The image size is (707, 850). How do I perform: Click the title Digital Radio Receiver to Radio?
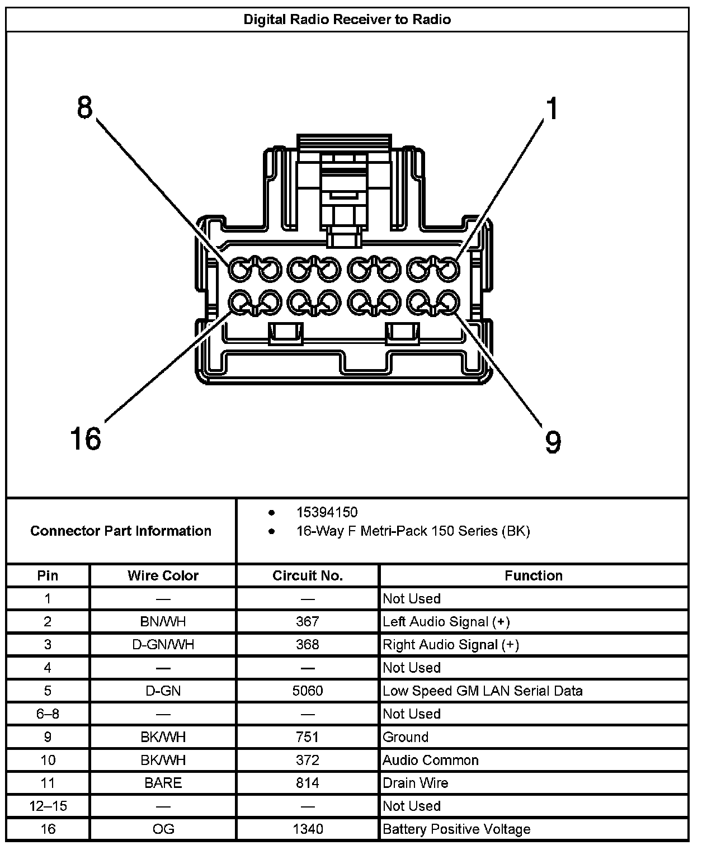(x=347, y=20)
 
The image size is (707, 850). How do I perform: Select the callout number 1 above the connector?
(x=552, y=108)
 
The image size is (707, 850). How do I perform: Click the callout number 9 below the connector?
(x=553, y=442)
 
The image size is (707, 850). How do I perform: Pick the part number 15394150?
(x=327, y=512)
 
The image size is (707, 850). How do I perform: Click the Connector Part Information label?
(x=121, y=531)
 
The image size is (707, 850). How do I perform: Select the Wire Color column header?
(x=163, y=575)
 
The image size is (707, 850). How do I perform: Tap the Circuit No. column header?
(x=308, y=575)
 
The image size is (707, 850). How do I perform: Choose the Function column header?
(x=533, y=575)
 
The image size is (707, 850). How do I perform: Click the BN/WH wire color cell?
(x=163, y=621)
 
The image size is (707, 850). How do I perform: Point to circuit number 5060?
(x=308, y=691)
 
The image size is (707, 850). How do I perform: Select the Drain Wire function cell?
(x=416, y=783)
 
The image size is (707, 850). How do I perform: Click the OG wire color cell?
(x=163, y=829)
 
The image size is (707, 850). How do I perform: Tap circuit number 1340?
(x=308, y=829)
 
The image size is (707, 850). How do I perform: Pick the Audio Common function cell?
(x=431, y=760)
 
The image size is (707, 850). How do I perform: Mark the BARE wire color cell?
(x=163, y=783)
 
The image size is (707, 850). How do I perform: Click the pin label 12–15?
(x=48, y=806)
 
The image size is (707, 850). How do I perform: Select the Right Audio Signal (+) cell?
(x=451, y=645)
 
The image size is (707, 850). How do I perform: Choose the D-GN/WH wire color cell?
(x=163, y=645)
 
